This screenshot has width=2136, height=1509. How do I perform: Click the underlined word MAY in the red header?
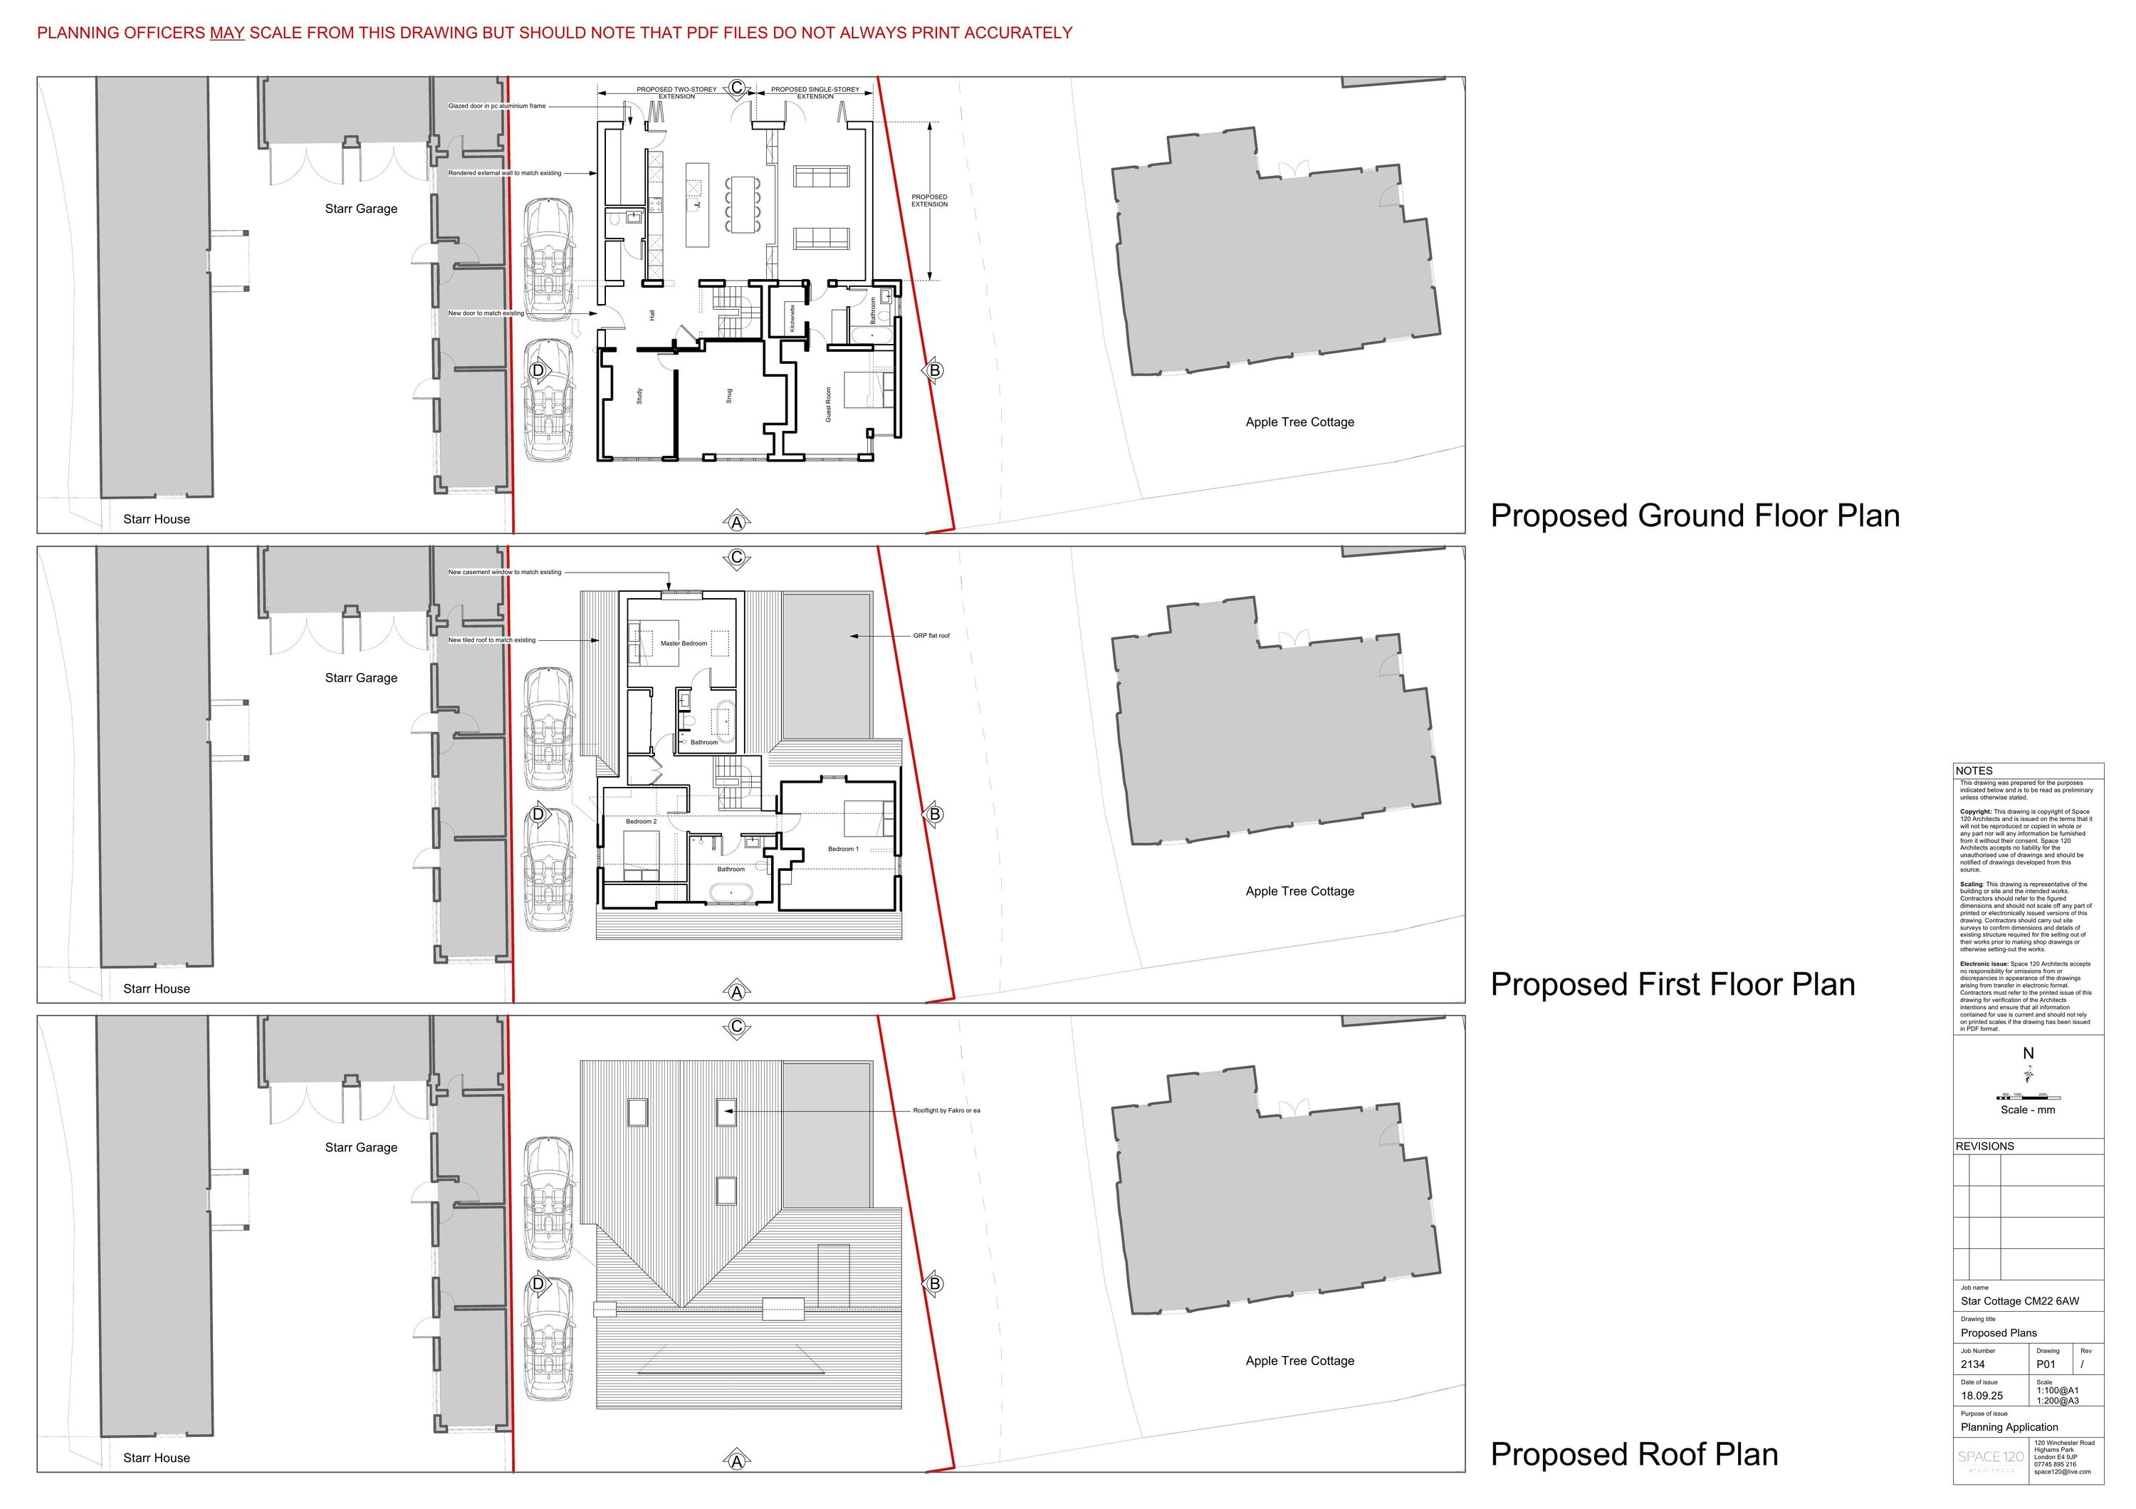(227, 33)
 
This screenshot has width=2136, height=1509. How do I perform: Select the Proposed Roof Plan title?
(1633, 1455)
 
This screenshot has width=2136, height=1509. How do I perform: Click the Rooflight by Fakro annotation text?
(946, 1111)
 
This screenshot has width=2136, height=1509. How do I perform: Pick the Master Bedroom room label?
(684, 644)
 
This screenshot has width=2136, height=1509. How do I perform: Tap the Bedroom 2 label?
(641, 823)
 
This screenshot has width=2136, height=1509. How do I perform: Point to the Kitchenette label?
(792, 318)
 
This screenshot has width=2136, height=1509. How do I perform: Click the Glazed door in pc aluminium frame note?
(497, 106)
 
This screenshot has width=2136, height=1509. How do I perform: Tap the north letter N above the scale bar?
(2028, 1054)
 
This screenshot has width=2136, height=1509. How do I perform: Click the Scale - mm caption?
(2028, 1111)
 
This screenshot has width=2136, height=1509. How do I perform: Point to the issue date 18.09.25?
(1981, 1396)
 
